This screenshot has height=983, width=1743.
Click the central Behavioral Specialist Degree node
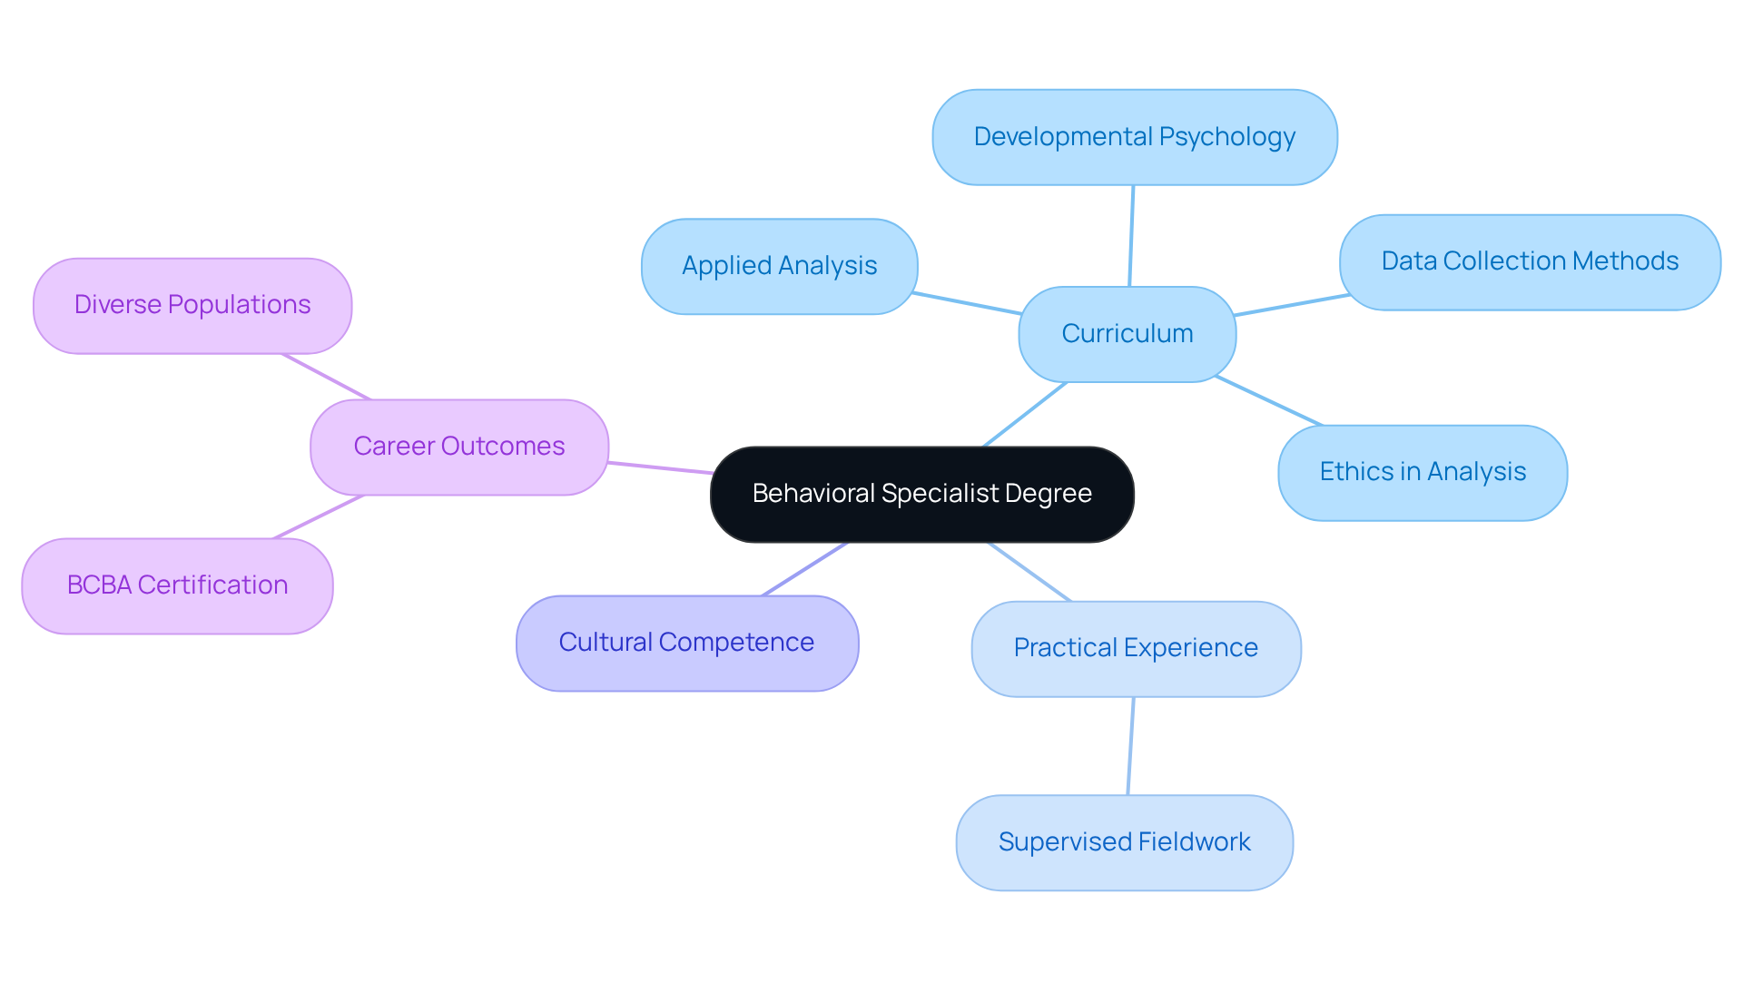click(x=921, y=495)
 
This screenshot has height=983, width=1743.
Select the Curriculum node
click(x=1127, y=334)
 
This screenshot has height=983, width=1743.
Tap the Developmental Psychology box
click(x=1134, y=137)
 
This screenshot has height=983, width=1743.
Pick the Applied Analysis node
click(x=779, y=266)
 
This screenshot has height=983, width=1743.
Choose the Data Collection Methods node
click(x=1529, y=261)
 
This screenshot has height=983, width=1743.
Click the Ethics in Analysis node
click(x=1422, y=472)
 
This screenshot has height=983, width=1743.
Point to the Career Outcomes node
click(x=458, y=447)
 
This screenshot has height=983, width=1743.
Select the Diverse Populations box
click(x=192, y=305)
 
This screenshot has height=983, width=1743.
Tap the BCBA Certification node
click(x=177, y=585)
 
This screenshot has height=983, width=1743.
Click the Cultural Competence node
click(x=686, y=643)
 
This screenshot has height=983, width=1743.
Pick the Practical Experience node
click(x=1135, y=648)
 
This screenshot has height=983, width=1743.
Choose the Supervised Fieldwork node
click(x=1124, y=842)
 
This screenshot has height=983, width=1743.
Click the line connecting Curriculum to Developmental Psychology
click(x=1131, y=236)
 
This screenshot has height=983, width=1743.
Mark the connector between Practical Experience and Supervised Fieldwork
click(x=1131, y=746)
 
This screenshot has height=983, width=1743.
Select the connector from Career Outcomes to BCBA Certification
click(x=319, y=516)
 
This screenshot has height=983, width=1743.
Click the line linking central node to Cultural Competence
click(x=805, y=569)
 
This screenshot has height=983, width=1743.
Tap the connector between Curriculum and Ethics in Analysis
click(x=1269, y=400)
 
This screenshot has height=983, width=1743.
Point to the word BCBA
click(x=99, y=585)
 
